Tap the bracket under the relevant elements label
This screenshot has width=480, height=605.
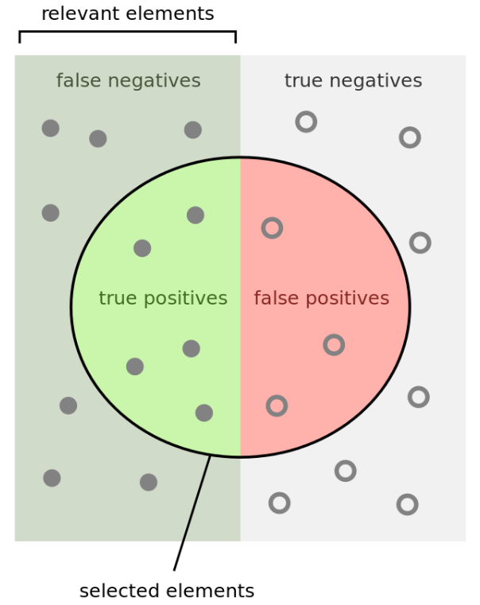point(127,33)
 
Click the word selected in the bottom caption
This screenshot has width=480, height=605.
point(117,591)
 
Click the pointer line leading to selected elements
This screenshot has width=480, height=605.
point(192,513)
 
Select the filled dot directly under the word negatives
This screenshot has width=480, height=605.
point(192,130)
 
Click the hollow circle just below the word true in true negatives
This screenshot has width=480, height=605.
point(306,122)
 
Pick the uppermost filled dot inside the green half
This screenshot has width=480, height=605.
point(195,215)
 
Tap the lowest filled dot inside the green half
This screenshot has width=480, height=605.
point(204,413)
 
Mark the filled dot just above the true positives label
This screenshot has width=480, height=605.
point(142,248)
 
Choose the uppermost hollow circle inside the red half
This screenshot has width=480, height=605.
point(272,228)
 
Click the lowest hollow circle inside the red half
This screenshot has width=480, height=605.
point(277,405)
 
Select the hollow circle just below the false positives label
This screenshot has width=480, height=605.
point(334,345)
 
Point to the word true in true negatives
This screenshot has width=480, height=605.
point(301,81)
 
